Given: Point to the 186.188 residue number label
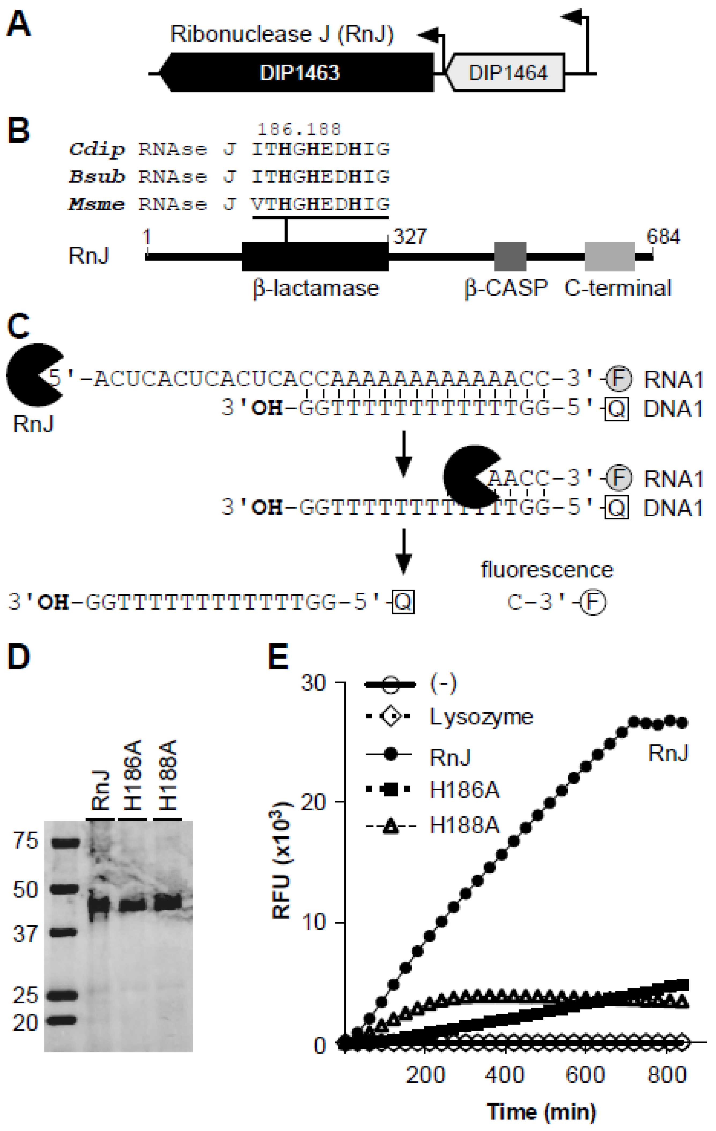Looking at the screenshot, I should pos(299,129).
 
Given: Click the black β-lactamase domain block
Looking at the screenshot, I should pos(315,257).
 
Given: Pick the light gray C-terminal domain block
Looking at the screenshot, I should pos(609,257).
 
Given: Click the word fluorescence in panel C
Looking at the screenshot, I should pos(547,570).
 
